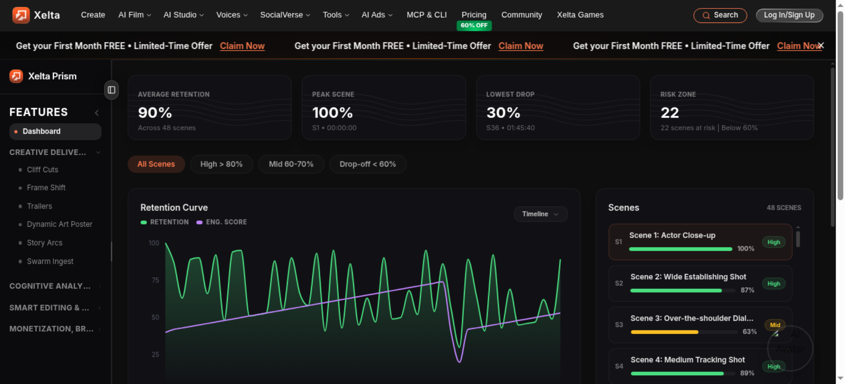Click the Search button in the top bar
720,15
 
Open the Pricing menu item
474,15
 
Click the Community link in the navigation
521,15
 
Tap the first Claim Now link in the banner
242,46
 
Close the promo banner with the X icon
820,45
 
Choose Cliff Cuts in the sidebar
42,170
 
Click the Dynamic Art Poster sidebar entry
60,224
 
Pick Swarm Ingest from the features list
50,261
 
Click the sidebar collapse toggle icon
112,90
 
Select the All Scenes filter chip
156,164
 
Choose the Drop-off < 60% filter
368,164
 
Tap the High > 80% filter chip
221,164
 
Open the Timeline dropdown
540,214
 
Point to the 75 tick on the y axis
155,280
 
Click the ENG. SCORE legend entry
221,222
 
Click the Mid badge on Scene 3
775,325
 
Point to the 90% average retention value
155,112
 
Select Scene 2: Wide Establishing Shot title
688,277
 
